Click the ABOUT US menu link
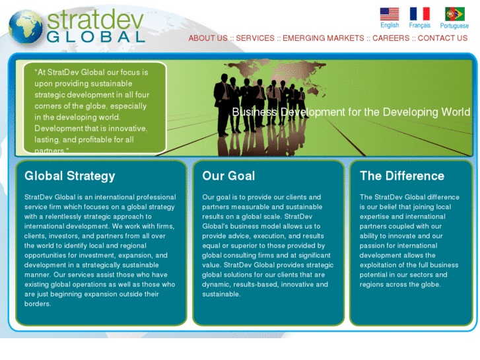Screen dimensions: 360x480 click(207, 38)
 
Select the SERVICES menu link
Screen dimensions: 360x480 click(255, 38)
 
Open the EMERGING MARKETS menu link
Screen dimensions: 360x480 click(323, 38)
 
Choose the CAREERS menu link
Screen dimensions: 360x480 click(391, 38)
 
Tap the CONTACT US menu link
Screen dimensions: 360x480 click(442, 38)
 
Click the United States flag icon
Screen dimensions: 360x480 click(390, 14)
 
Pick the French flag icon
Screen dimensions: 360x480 click(419, 14)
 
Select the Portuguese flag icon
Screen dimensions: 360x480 click(454, 14)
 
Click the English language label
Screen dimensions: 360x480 click(390, 26)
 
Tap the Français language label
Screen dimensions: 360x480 click(419, 26)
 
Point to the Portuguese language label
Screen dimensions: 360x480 click(454, 26)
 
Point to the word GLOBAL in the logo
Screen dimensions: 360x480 click(96, 37)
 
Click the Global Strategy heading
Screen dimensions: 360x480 click(69, 176)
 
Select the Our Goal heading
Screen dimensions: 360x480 click(228, 176)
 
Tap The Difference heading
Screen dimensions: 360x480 click(401, 176)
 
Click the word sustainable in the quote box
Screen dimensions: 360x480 click(125, 84)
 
